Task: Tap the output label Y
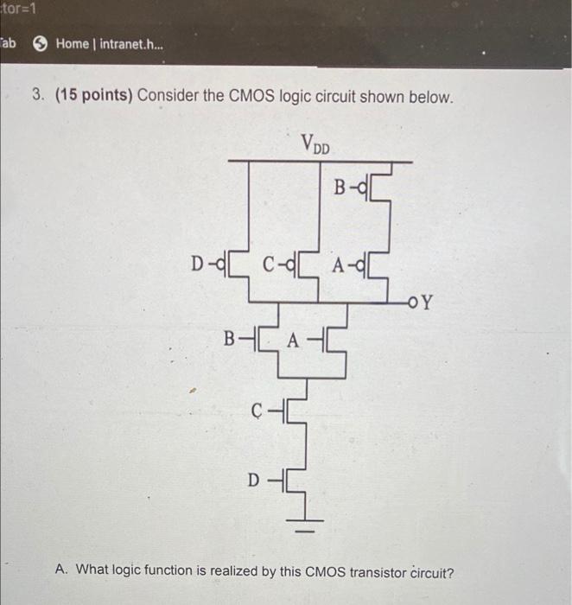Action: coord(428,303)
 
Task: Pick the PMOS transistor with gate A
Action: coord(377,261)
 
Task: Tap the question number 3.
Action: coord(39,97)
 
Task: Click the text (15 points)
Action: coord(94,97)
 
